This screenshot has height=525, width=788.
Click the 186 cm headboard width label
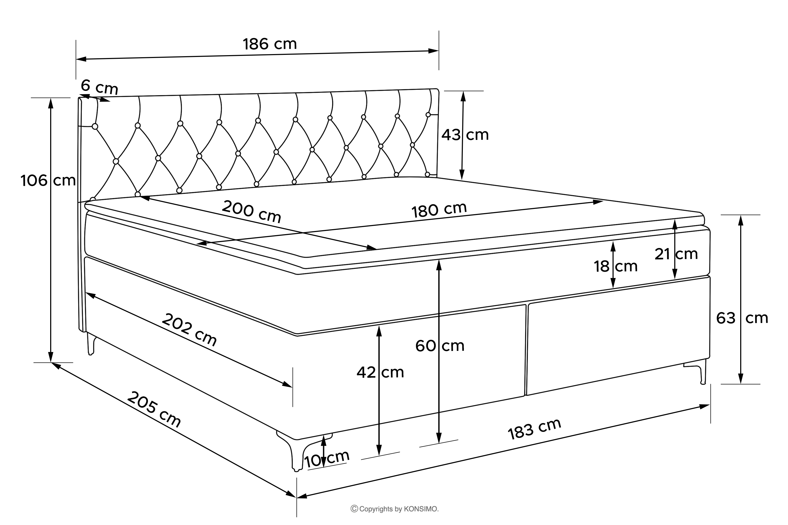(x=270, y=44)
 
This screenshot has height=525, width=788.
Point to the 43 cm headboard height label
(x=465, y=135)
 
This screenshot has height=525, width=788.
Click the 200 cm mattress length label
(x=251, y=211)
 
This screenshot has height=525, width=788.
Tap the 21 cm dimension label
(x=676, y=254)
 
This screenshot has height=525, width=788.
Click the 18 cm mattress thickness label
(x=615, y=266)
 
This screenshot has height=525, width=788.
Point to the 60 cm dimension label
(x=440, y=346)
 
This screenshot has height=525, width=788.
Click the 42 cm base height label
(x=380, y=372)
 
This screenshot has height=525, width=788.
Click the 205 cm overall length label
(x=154, y=409)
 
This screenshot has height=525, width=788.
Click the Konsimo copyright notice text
(x=394, y=509)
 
